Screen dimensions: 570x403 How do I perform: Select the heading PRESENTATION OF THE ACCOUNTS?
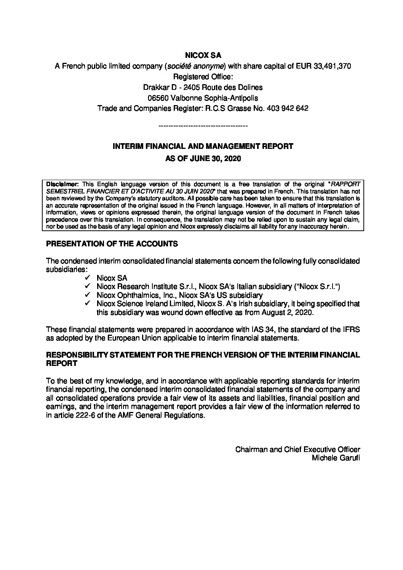[112, 244]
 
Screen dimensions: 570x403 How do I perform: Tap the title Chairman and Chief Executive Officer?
[297, 449]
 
